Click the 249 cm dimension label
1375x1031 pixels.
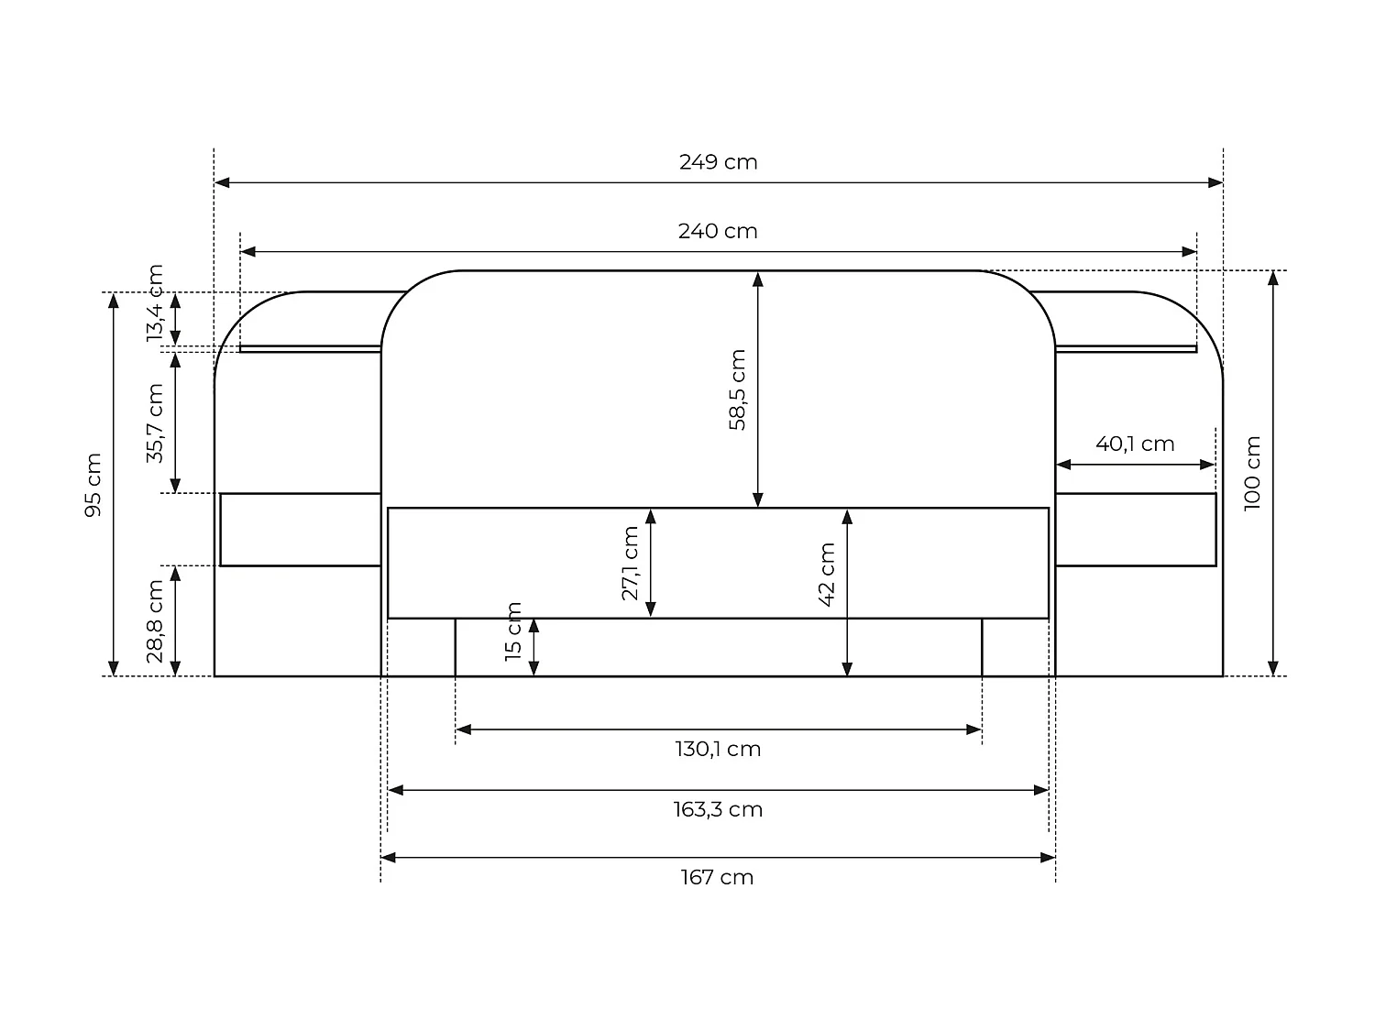tap(718, 162)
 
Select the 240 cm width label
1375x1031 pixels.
tap(718, 231)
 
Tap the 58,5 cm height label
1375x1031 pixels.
tap(738, 389)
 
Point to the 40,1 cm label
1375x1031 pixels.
tap(1135, 444)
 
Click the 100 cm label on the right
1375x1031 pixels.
tap(1253, 474)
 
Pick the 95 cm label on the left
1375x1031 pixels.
tap(93, 485)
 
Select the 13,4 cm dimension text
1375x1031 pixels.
tap(155, 303)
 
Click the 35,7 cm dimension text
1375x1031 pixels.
tap(155, 423)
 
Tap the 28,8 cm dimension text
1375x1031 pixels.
tap(155, 620)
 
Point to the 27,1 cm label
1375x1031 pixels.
tap(630, 563)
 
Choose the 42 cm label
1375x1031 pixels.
tap(827, 575)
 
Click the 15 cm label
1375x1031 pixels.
tap(513, 631)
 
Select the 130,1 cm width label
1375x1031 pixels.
tap(718, 750)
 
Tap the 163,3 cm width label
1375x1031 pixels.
tap(718, 810)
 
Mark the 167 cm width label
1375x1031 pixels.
tap(718, 878)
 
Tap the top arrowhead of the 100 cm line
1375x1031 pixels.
tap(1272, 279)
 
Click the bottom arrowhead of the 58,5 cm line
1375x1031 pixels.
tap(758, 499)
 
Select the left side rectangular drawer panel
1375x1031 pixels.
tap(301, 530)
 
